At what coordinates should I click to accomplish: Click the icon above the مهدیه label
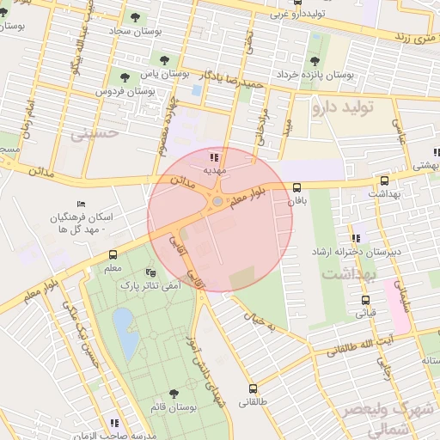tap(213, 157)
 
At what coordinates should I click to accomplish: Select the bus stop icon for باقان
tap(296, 187)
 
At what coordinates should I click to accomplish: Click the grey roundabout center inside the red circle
tap(217, 202)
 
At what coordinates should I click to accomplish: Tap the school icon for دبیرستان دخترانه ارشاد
tap(354, 238)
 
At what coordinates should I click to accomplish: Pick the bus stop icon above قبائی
tap(366, 301)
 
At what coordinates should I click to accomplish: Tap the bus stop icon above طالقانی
tap(253, 388)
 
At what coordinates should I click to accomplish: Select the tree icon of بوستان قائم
tap(174, 393)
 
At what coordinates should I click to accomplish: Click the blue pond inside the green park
tap(125, 333)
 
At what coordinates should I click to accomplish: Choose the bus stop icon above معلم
tap(113, 255)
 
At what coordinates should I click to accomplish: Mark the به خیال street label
tap(260, 322)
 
